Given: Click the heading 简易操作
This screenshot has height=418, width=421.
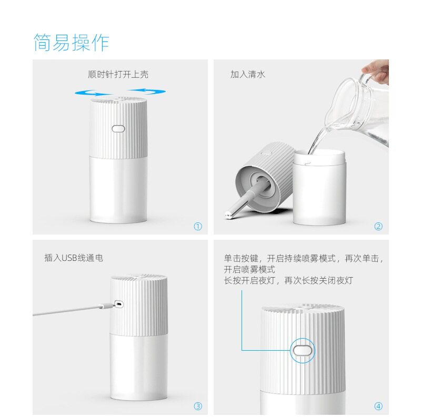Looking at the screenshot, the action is (71, 43).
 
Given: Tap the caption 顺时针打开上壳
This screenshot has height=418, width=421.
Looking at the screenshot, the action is (118, 74).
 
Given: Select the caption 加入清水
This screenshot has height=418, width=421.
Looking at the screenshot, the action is (247, 74).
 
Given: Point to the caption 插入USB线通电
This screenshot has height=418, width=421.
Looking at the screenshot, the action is (74, 258).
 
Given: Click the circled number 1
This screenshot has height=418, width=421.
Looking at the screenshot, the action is (198, 227).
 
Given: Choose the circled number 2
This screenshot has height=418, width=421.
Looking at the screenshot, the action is (378, 227).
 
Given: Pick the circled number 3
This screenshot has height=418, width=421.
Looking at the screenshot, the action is (198, 406).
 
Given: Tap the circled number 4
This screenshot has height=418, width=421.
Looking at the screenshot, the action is (378, 406).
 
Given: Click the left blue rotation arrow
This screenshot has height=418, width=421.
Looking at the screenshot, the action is (93, 93).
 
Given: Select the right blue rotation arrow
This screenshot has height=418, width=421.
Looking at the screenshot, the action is (147, 91).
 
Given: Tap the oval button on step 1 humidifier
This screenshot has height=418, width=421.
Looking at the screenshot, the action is (118, 129).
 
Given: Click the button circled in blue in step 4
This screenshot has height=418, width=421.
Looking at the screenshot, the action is (303, 351).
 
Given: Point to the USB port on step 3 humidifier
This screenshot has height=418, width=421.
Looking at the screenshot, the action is (119, 304).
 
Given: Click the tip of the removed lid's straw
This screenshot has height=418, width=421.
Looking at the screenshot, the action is (228, 215).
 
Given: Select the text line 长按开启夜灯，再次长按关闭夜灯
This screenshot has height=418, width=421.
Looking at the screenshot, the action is (288, 281).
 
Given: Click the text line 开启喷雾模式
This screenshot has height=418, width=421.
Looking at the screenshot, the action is (249, 269).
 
